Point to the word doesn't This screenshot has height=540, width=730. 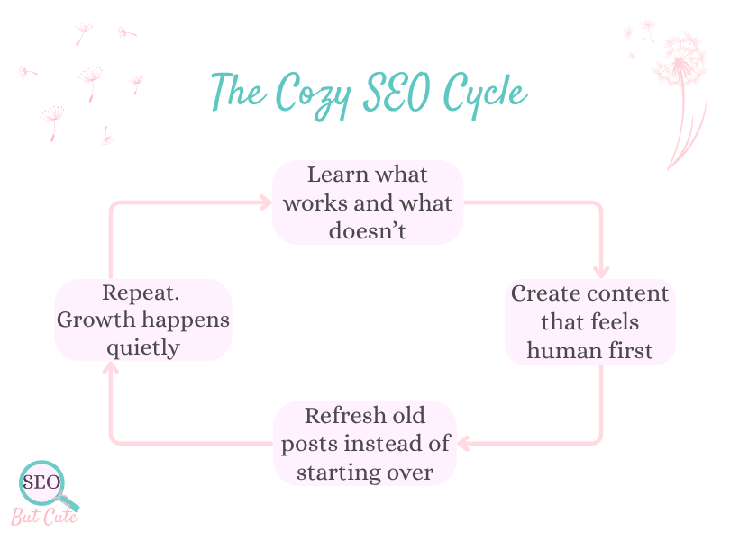(x=368, y=230)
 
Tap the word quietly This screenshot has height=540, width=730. (x=142, y=348)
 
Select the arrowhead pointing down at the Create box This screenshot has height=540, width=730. (x=601, y=272)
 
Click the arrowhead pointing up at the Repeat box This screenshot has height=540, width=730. (x=111, y=369)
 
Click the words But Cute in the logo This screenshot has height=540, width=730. (x=44, y=517)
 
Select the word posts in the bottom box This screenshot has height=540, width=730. (x=306, y=444)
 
